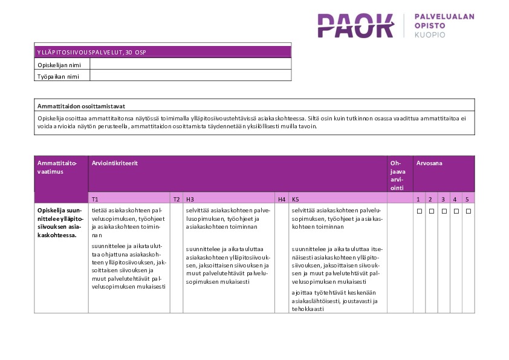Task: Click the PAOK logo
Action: point(355,26)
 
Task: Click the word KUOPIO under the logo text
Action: point(430,35)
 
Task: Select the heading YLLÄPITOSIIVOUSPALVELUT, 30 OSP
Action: point(91,52)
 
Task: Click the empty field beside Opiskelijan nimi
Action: point(190,64)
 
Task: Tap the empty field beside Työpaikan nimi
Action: point(190,76)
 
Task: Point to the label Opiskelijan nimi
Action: point(59,64)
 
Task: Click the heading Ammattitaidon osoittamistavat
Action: point(81,106)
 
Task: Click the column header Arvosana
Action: point(429,163)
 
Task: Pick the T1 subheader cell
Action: point(96,198)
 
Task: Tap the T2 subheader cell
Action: point(177,198)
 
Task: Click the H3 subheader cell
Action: point(190,198)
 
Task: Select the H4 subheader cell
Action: point(281,198)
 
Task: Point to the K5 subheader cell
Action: point(295,198)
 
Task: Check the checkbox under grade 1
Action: point(419,211)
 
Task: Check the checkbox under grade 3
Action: point(443,211)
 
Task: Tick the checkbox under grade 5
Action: point(468,211)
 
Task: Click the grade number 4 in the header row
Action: point(455,198)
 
